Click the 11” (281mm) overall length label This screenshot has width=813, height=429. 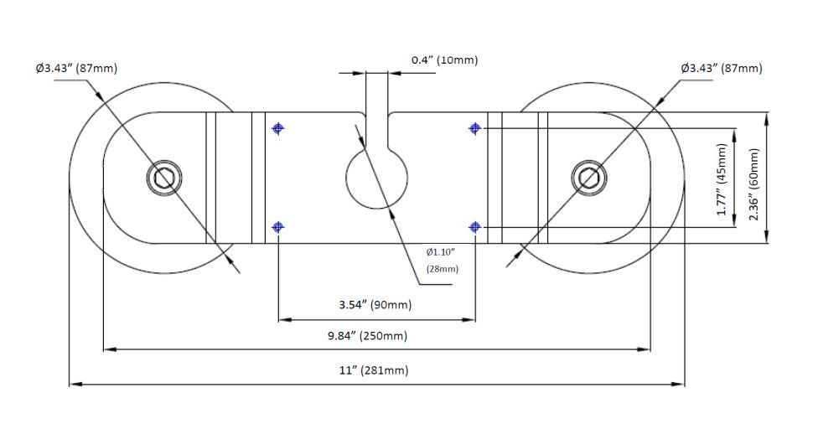pyautogui.click(x=374, y=370)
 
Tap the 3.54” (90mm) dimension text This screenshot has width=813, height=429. pyautogui.click(x=375, y=304)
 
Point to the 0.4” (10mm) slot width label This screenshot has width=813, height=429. pyautogui.click(x=444, y=60)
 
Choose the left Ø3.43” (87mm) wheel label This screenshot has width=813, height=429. pyautogui.click(x=76, y=68)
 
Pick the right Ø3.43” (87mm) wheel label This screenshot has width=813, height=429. pyautogui.click(x=721, y=68)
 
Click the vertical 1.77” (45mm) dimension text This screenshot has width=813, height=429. pyautogui.click(x=722, y=178)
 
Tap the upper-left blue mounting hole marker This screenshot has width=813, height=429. pyautogui.click(x=278, y=128)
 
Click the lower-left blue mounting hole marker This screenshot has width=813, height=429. pyautogui.click(x=278, y=227)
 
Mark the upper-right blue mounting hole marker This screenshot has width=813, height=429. pyautogui.click(x=475, y=128)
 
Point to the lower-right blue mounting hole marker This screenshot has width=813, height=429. pyautogui.click(x=475, y=227)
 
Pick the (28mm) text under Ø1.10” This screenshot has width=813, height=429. pyautogui.click(x=442, y=269)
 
